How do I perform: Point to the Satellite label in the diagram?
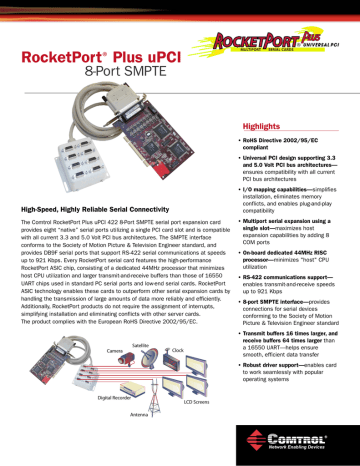tap(140, 345)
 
